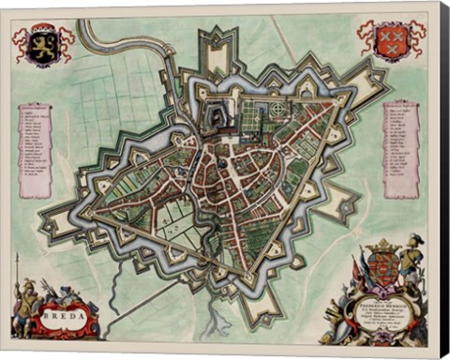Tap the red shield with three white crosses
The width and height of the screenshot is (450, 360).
(390, 41)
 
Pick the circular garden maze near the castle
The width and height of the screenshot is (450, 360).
(278, 112)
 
